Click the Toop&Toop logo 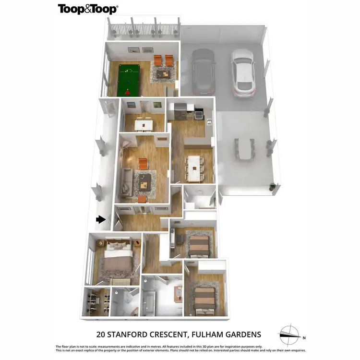pyautogui.click(x=88, y=9)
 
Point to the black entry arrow pyautogui.click(x=100, y=219)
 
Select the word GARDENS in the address pyautogui.click(x=241, y=335)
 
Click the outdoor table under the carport pyautogui.click(x=245, y=149)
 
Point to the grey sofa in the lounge pyautogui.click(x=126, y=182)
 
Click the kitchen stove pyautogui.click(x=198, y=114)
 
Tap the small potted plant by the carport pyautogui.click(x=273, y=186)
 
